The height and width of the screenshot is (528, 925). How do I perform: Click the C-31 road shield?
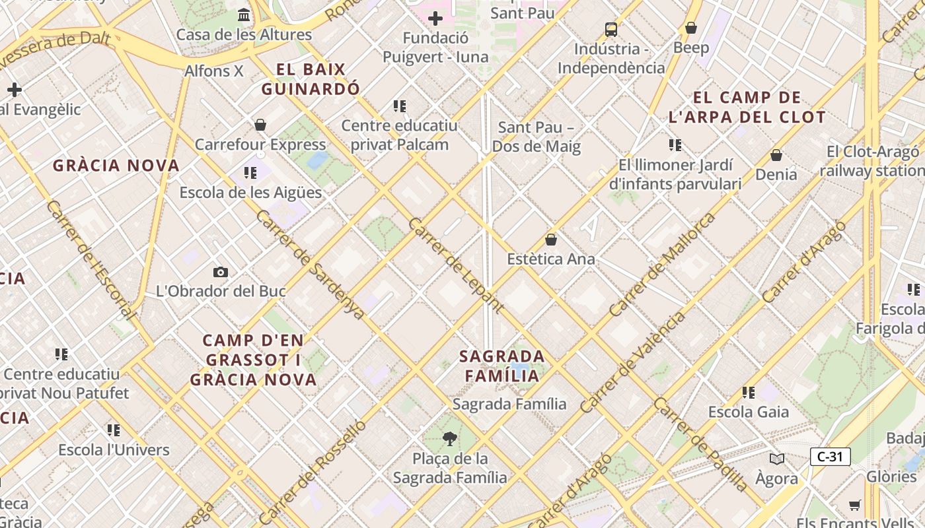coord(830,456)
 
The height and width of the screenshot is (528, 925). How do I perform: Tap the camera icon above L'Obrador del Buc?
coord(221,272)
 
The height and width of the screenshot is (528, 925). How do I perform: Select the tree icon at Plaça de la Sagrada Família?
coord(450,438)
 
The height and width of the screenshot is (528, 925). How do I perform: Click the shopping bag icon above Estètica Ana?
coord(551,240)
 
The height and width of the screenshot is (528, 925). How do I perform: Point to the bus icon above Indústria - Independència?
coord(611,29)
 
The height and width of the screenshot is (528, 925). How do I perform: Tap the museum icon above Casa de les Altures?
coord(244,15)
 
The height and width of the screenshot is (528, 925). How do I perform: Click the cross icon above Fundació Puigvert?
coord(435,18)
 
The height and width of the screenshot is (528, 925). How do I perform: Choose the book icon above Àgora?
coord(777,459)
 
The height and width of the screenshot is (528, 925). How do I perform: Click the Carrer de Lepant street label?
coord(456,265)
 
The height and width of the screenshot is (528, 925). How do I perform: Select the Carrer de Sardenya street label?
coord(309,265)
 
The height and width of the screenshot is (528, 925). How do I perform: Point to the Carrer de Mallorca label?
coord(662,265)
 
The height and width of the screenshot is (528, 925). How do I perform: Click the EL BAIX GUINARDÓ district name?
coord(311,79)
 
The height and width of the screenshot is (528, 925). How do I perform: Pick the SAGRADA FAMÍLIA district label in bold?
coord(502,366)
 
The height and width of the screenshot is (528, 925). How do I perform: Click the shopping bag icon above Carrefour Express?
coord(260,125)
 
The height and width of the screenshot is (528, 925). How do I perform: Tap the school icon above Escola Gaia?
coord(749,393)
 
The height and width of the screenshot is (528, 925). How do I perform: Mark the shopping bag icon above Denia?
coord(776,155)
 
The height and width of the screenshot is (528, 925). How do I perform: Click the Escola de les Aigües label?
coord(251,193)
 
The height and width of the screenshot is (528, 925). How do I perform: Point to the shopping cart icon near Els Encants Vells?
coord(855,506)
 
